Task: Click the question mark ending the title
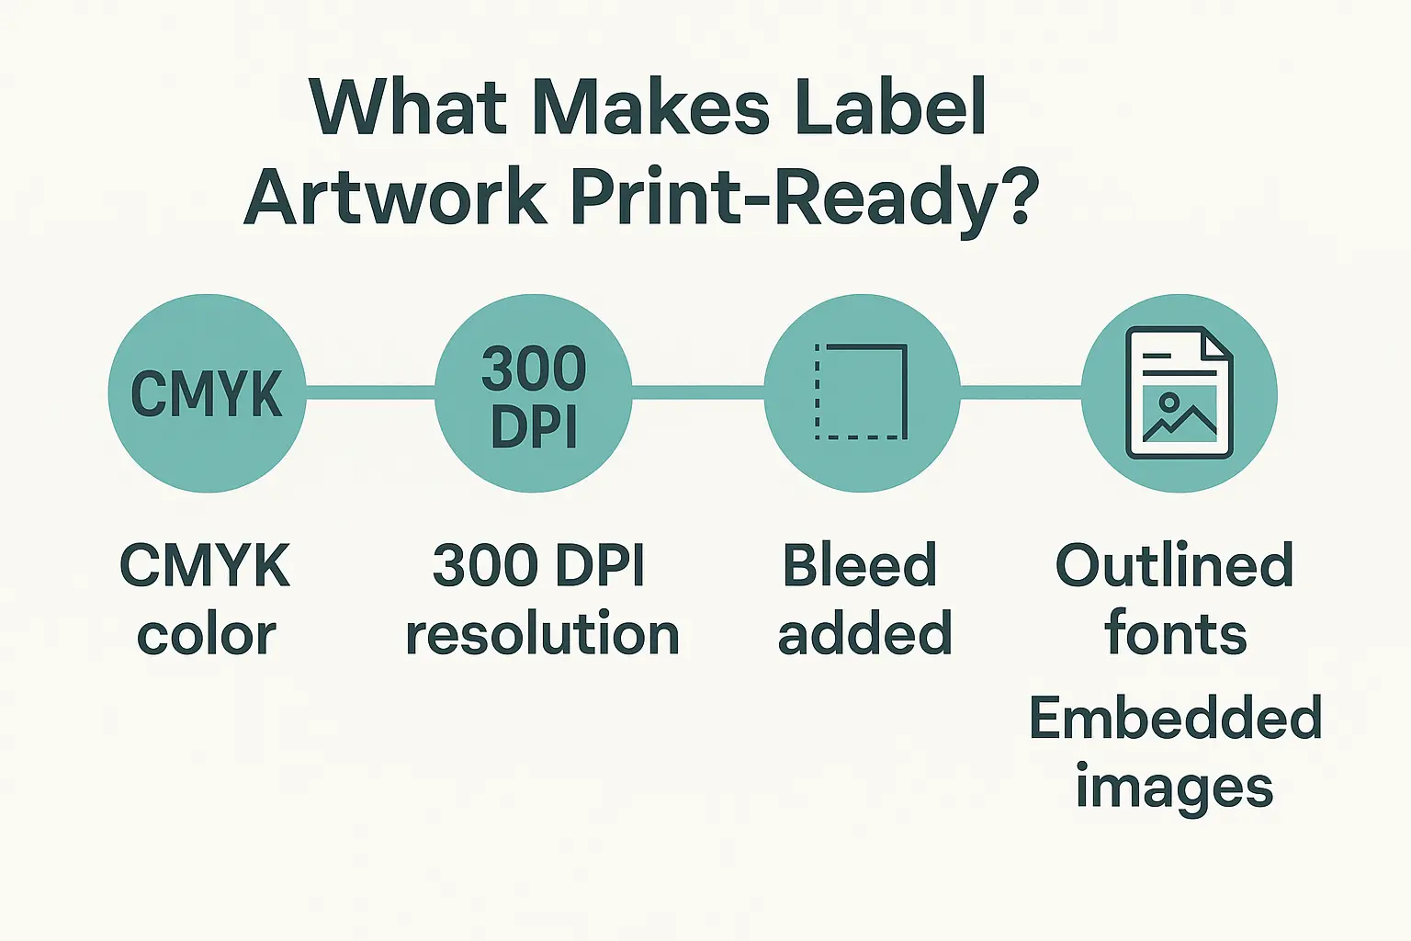point(1011,195)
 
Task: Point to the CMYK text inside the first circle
point(207,393)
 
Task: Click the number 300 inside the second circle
point(534,368)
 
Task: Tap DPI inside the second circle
point(534,426)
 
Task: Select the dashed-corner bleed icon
point(861,391)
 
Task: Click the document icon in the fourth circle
point(1180,392)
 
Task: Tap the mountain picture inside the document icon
point(1180,414)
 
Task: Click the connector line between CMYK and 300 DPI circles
point(370,392)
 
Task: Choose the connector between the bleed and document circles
point(1022,392)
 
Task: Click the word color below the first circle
point(207,633)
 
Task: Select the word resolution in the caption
point(542,633)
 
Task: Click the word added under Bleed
point(864,633)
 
